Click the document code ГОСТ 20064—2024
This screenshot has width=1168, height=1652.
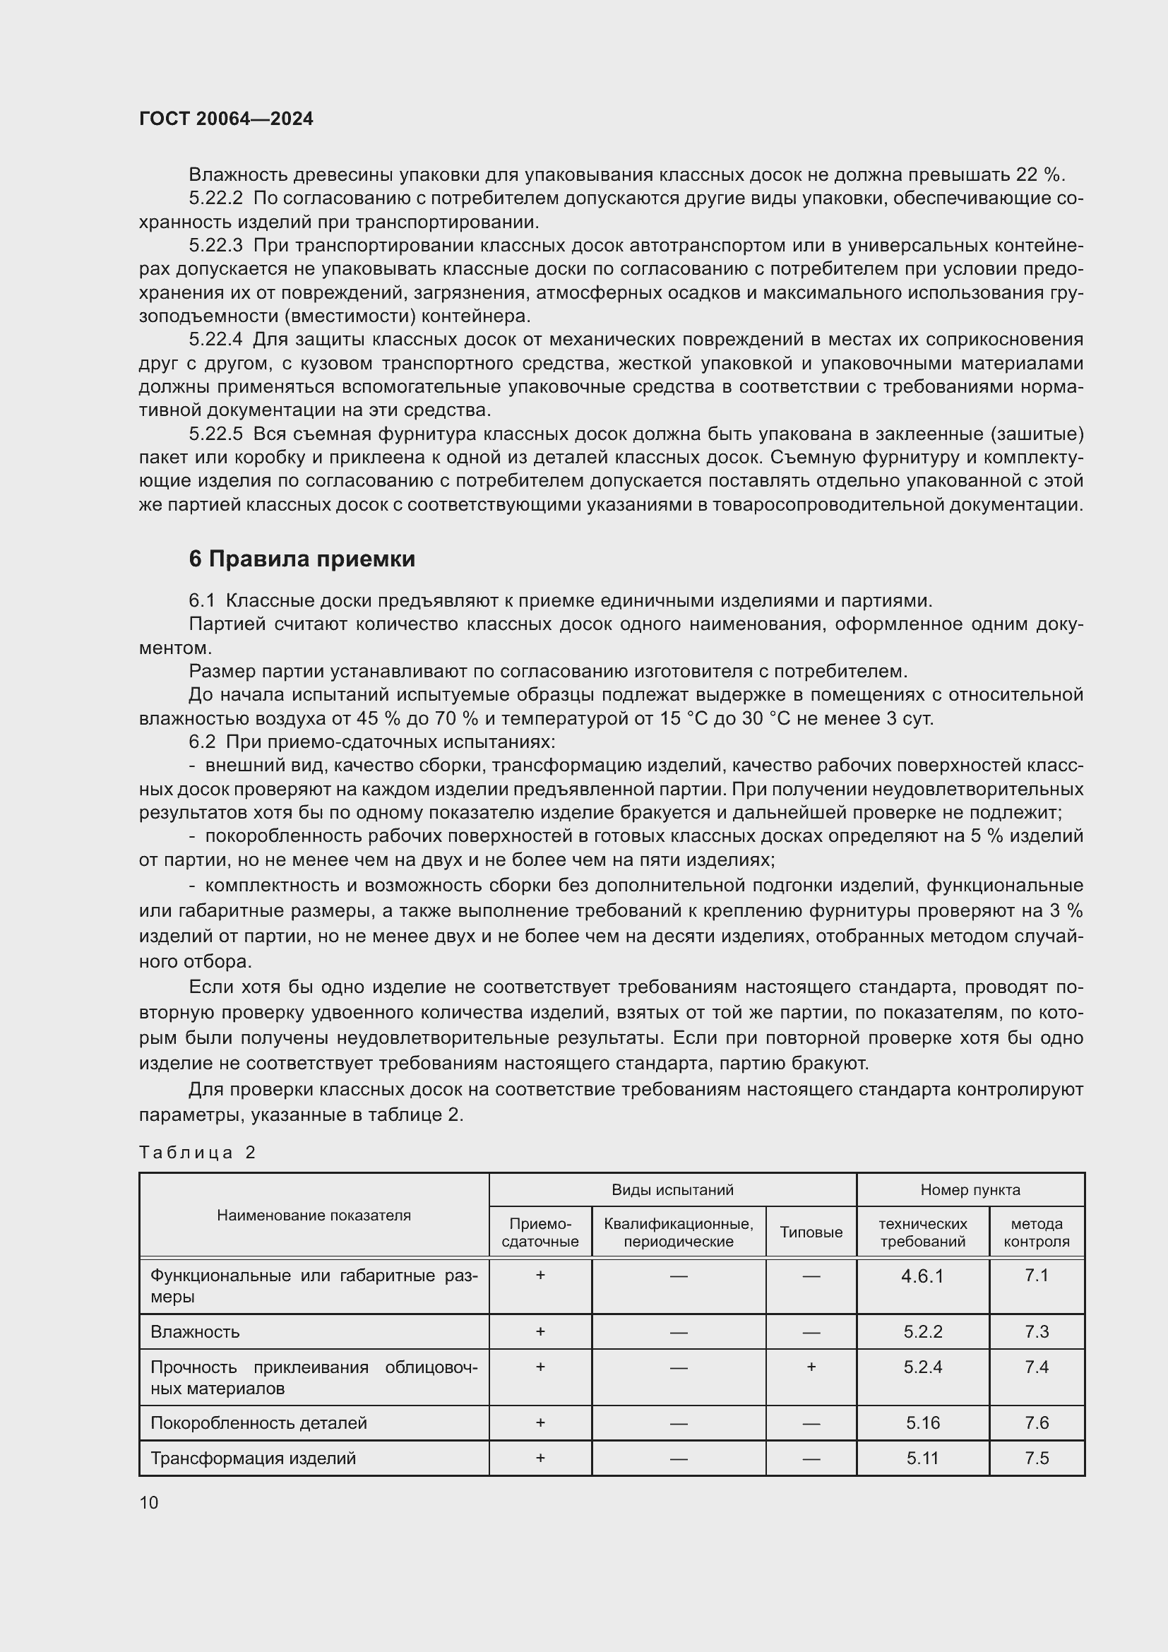pos(226,119)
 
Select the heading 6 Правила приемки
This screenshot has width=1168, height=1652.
pos(302,559)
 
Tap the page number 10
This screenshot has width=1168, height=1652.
pos(149,1502)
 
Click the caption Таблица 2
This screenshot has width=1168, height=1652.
pos(197,1153)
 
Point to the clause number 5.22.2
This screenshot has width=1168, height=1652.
pos(216,198)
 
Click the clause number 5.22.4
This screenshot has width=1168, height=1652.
pos(216,339)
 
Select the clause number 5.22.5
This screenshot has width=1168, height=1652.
pos(216,434)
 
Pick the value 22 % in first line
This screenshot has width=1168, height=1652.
pos(1038,175)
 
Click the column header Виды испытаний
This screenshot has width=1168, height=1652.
pos(672,1190)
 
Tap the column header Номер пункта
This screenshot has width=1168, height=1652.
pos(970,1190)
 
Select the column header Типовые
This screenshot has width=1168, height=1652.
pos(811,1232)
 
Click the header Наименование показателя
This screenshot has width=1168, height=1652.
pos(314,1216)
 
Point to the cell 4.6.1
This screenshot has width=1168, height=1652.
pos(922,1276)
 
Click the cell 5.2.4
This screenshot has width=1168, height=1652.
pos(922,1367)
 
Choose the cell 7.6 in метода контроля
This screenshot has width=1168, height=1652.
pos(1037,1422)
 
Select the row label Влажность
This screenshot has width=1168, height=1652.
pos(195,1332)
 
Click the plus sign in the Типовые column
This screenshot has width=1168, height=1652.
pos(811,1367)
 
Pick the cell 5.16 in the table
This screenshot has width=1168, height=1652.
pos(922,1422)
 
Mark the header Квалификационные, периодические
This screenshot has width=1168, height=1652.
pos(678,1232)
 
